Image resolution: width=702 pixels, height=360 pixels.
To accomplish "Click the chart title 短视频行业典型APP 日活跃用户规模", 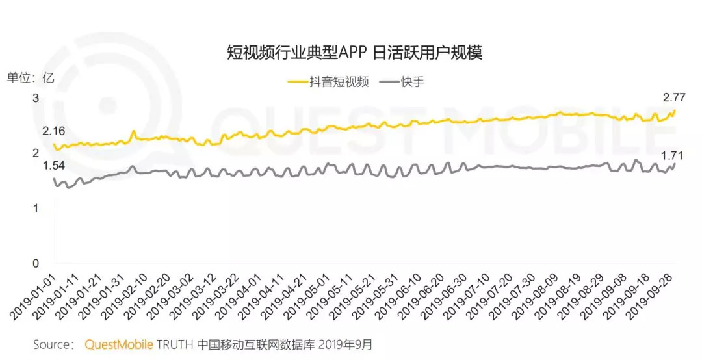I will pyautogui.click(x=354, y=53).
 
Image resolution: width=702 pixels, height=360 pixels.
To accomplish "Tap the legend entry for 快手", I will pyautogui.click(x=407, y=82).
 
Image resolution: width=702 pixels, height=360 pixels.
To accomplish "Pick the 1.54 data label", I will pyautogui.click(x=54, y=166).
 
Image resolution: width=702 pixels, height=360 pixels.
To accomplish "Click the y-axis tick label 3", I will pyautogui.click(x=36, y=98).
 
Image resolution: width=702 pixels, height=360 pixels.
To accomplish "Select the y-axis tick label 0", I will pyautogui.click(x=36, y=263).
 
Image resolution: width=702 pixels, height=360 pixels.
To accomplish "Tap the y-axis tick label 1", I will pyautogui.click(x=36, y=208).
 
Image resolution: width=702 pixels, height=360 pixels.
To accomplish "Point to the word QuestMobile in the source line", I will pyautogui.click(x=119, y=344).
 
